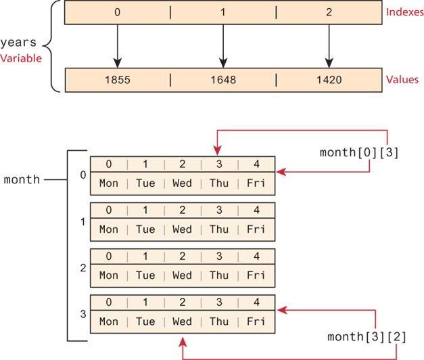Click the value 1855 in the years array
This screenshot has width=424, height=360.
118,80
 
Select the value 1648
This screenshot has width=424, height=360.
222,80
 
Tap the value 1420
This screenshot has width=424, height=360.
328,80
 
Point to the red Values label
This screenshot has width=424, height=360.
402,79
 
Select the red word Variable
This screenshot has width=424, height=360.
21,58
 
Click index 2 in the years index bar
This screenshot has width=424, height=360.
328,13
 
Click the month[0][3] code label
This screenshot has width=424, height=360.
359,154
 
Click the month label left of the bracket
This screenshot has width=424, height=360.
22,179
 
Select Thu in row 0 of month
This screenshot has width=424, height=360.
218,183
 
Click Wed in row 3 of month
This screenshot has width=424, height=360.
182,321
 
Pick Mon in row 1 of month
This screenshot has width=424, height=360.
108,229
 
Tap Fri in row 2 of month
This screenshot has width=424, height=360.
256,275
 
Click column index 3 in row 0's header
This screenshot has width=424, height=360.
218,164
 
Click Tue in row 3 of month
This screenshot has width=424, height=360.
145,321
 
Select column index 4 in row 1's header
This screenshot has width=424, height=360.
256,210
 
